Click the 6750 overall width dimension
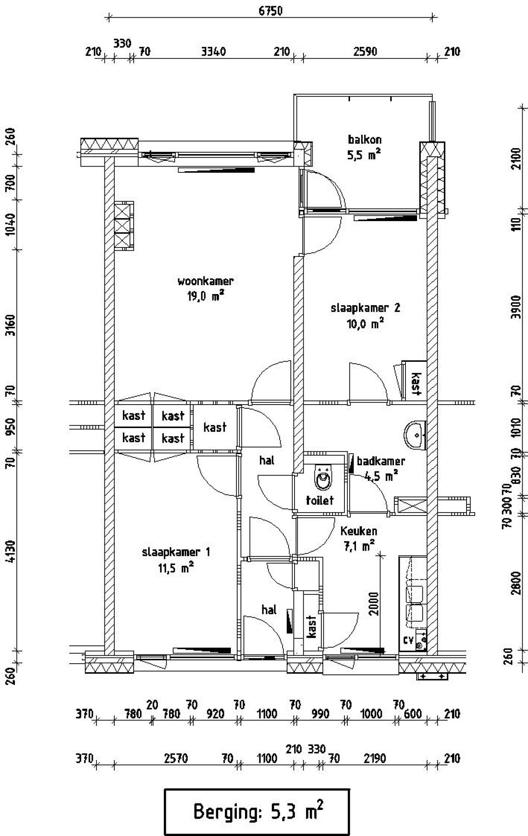pyautogui.click(x=271, y=11)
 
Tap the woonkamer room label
pyautogui.click(x=205, y=281)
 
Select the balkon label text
pyautogui.click(x=365, y=139)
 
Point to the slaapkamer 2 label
pyautogui.click(x=365, y=308)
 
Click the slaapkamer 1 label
pyautogui.click(x=176, y=552)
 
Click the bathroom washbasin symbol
pyautogui.click(x=415, y=435)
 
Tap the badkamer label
pyautogui.click(x=381, y=461)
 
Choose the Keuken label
pyautogui.click(x=359, y=531)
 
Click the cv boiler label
pyautogui.click(x=408, y=640)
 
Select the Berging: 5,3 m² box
pyautogui.click(x=257, y=812)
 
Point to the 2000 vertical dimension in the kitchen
pyautogui.click(x=374, y=604)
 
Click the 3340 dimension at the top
pyautogui.click(x=213, y=52)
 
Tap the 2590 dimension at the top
pyautogui.click(x=365, y=52)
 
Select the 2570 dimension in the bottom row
pyautogui.click(x=176, y=758)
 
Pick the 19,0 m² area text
pyautogui.click(x=206, y=296)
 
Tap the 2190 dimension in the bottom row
pyautogui.click(x=375, y=758)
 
